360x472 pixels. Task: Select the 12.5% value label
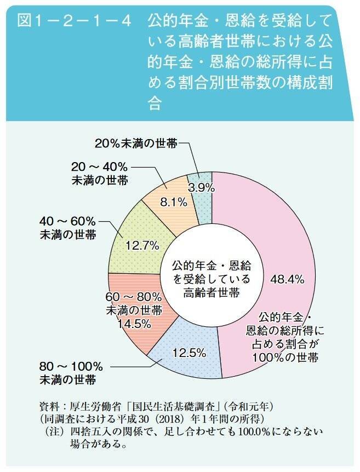tap(189, 353)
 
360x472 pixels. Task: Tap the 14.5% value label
tap(134, 324)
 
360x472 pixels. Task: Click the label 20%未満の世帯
tap(136, 143)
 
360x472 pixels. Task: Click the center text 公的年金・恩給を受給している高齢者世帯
tap(212, 279)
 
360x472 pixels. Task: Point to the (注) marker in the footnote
tap(56, 431)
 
